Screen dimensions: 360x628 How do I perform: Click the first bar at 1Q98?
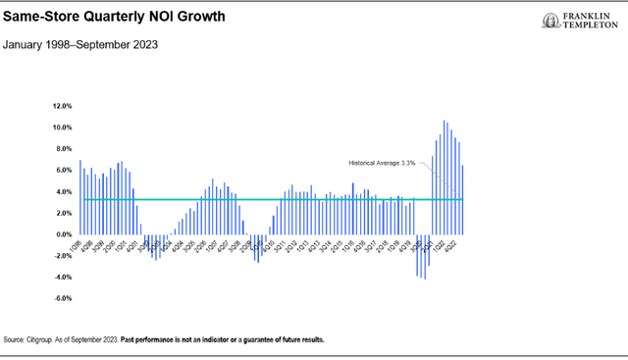click(x=80, y=197)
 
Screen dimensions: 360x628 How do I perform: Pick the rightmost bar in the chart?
click(x=462, y=200)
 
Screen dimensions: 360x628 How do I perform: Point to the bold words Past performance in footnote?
click(x=151, y=340)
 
